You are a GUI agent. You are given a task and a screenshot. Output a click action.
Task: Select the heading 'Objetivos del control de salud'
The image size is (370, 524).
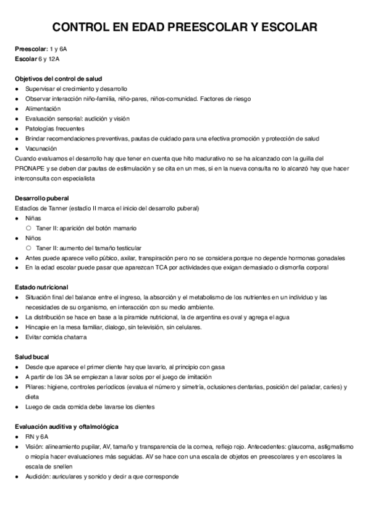(58, 78)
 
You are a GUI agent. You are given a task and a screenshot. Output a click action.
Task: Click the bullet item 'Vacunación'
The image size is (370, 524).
(41, 148)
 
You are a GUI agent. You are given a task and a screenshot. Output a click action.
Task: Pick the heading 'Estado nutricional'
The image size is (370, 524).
(41, 287)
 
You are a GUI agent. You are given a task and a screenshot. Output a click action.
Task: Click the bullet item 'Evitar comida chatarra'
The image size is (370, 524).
(56, 337)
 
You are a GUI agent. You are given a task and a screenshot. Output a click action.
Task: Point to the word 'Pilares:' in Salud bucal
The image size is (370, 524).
(36, 386)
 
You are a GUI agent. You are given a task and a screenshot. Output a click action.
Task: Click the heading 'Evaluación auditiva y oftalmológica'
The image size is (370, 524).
(67, 426)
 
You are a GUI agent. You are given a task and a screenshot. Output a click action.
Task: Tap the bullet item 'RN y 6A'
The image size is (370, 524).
(36, 436)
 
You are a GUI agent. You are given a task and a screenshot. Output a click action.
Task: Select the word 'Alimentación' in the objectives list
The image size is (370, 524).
(43, 108)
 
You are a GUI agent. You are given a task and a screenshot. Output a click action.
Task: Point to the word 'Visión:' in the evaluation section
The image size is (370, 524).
(35, 446)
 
